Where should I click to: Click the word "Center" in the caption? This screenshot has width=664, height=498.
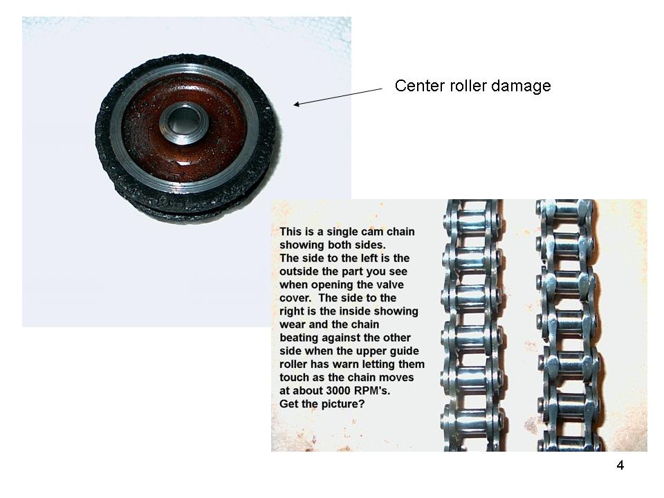(x=420, y=86)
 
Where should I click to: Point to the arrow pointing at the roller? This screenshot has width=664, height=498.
(x=338, y=97)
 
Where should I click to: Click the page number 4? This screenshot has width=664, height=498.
(x=620, y=465)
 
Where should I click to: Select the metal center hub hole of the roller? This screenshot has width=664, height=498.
(x=184, y=122)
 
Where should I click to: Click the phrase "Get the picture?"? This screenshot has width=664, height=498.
(x=322, y=404)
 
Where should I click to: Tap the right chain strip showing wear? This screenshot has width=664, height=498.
(x=567, y=325)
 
